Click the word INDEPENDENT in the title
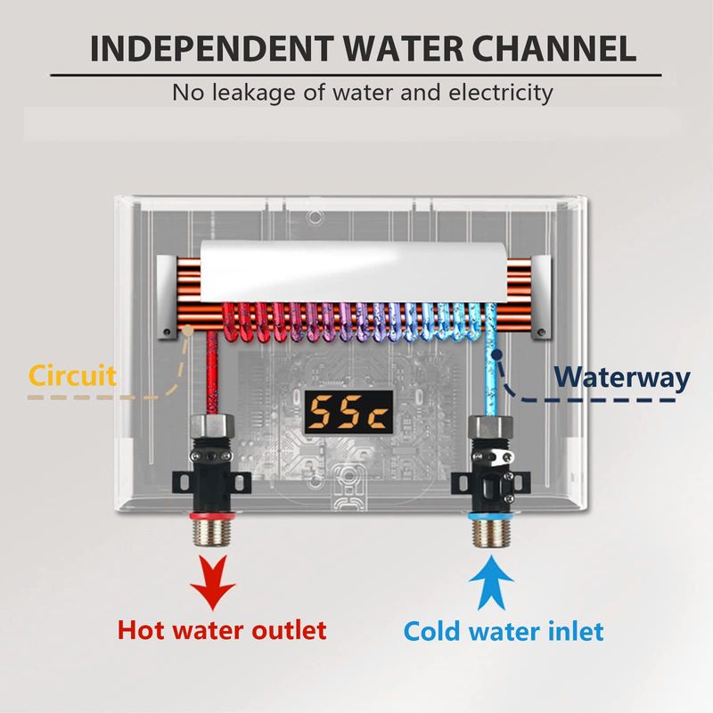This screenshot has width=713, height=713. (x=212, y=48)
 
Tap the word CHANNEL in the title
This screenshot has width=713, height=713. (x=553, y=48)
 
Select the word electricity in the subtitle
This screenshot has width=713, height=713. (x=501, y=93)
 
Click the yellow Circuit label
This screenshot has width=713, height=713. (x=73, y=376)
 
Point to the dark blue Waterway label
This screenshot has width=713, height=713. (x=621, y=378)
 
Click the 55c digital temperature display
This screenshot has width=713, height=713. (x=348, y=412)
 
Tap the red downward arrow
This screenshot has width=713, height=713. (x=213, y=581)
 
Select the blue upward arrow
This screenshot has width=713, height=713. (x=491, y=583)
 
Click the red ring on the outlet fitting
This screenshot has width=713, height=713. (x=213, y=516)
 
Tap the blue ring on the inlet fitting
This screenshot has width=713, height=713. (x=490, y=516)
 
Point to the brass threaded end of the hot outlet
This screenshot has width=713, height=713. (x=213, y=533)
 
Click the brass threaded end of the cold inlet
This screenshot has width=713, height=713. (x=490, y=533)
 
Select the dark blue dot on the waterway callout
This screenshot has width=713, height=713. (x=497, y=353)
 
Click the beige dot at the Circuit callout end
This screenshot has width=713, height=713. (x=187, y=331)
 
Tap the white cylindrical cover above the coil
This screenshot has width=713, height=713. (x=354, y=272)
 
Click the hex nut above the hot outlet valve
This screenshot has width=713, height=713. (x=213, y=426)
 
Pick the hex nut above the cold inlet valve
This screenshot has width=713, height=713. (x=491, y=428)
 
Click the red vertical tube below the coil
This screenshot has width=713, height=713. (x=212, y=373)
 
